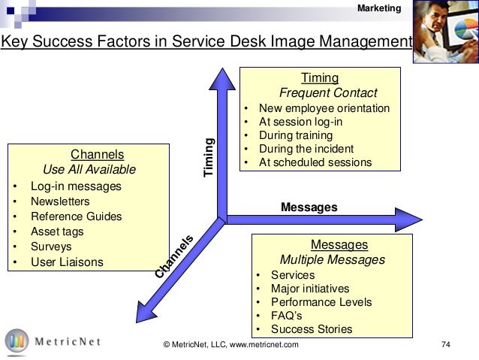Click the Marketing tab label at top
(380, 8)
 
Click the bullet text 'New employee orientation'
(324, 108)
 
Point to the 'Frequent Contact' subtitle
(319, 93)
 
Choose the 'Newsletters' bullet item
(60, 201)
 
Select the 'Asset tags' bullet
(57, 231)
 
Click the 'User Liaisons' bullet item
(67, 262)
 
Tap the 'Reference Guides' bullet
(76, 216)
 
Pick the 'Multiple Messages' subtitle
(332, 260)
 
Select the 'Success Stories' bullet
(311, 329)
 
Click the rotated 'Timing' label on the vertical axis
(210, 159)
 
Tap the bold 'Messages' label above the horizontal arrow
(309, 206)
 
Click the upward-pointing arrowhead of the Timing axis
(219, 76)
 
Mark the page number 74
(445, 345)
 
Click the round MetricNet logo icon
(17, 341)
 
